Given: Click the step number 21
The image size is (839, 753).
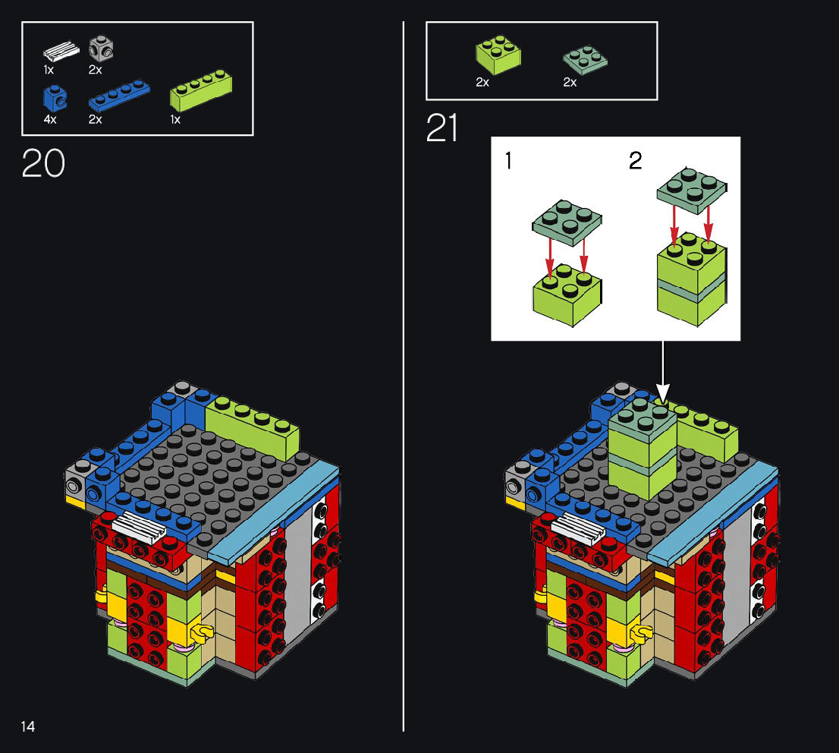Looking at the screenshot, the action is pyautogui.click(x=442, y=128).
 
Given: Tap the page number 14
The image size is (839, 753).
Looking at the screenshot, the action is pyautogui.click(x=28, y=726).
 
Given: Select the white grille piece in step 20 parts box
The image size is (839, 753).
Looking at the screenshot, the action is pyautogui.click(x=61, y=52).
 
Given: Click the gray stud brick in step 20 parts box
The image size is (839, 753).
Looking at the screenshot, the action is pyautogui.click(x=101, y=48).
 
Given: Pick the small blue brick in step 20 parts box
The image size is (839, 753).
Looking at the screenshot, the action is pyautogui.click(x=55, y=98).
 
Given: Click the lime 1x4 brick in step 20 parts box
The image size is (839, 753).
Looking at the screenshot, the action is pyautogui.click(x=201, y=90).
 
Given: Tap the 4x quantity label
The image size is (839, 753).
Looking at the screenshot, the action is pyautogui.click(x=50, y=119).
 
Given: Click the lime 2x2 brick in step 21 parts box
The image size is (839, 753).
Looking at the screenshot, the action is pyautogui.click(x=498, y=55).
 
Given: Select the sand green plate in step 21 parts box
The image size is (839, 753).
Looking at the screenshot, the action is pyautogui.click(x=585, y=59).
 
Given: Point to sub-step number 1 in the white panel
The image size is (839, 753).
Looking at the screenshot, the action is pyautogui.click(x=508, y=160).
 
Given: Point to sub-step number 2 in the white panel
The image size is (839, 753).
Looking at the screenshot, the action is pyautogui.click(x=635, y=160).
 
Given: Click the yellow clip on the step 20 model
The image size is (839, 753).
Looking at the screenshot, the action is pyautogui.click(x=201, y=633).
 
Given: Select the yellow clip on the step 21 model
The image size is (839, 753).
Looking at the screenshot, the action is pyautogui.click(x=640, y=634).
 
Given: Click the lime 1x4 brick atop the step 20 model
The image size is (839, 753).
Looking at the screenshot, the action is pyautogui.click(x=252, y=424).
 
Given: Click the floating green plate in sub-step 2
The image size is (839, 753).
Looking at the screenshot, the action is pyautogui.click(x=692, y=190).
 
